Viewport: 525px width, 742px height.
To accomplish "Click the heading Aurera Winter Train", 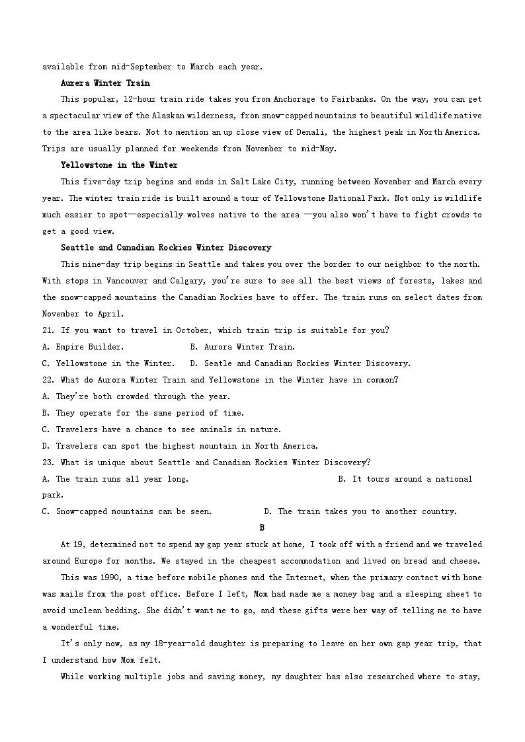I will pyautogui.click(x=105, y=83).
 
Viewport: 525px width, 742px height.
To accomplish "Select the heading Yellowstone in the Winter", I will pyautogui.click(x=119, y=165).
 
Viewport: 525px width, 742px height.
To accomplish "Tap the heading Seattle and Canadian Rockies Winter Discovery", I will pyautogui.click(x=166, y=248).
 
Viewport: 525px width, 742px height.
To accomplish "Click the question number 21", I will pyautogui.click(x=47, y=330).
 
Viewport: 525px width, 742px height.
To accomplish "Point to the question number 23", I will pyautogui.click(x=47, y=463).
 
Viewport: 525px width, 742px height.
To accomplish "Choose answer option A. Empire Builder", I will pyautogui.click(x=83, y=347).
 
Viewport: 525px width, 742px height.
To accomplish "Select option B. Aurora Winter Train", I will pyautogui.click(x=243, y=347).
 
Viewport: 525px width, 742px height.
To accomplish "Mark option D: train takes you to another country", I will pyautogui.click(x=360, y=511).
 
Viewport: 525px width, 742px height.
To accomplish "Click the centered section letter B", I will pyautogui.click(x=262, y=527).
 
